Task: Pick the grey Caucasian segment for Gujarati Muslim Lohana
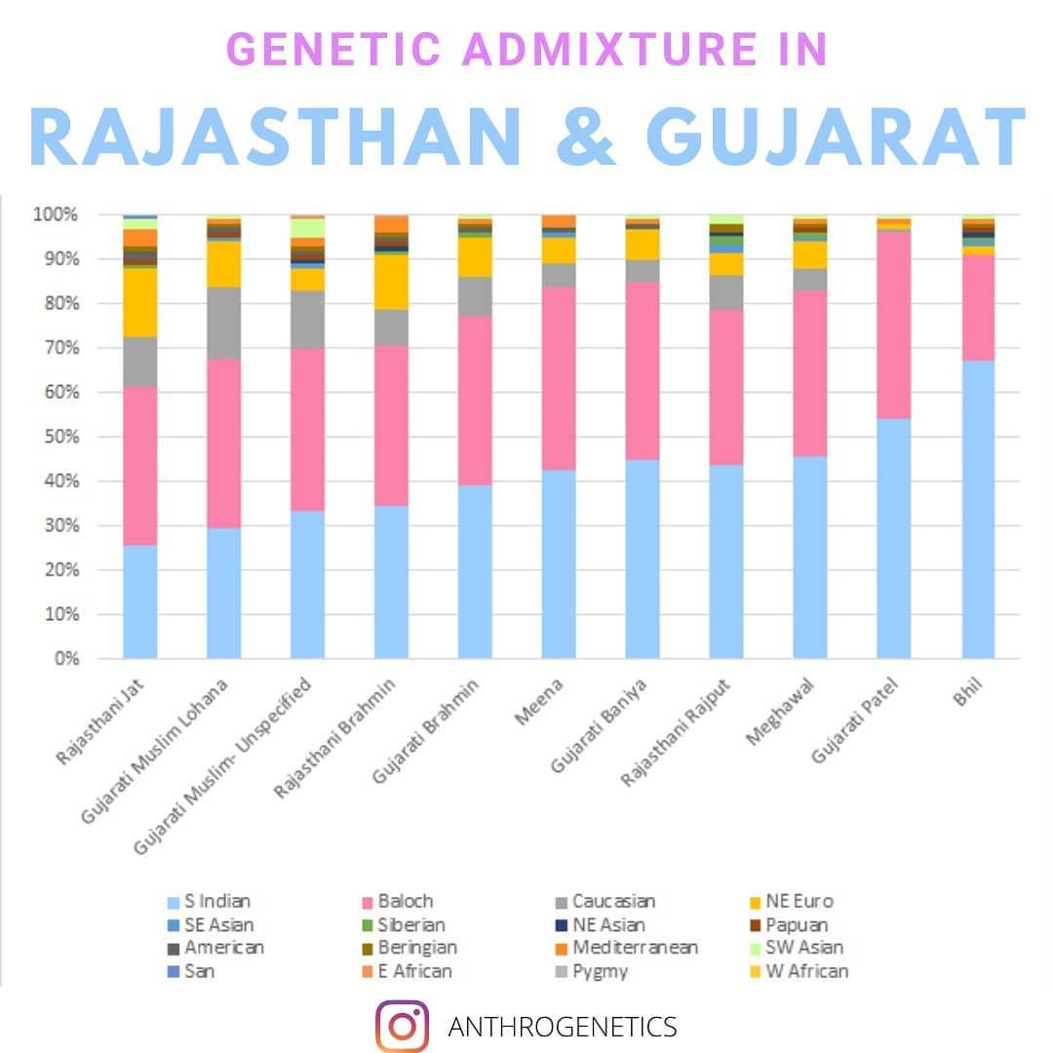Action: click(224, 323)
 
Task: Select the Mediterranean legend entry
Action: click(626, 948)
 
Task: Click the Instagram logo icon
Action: click(402, 1026)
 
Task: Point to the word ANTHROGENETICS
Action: click(562, 1027)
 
